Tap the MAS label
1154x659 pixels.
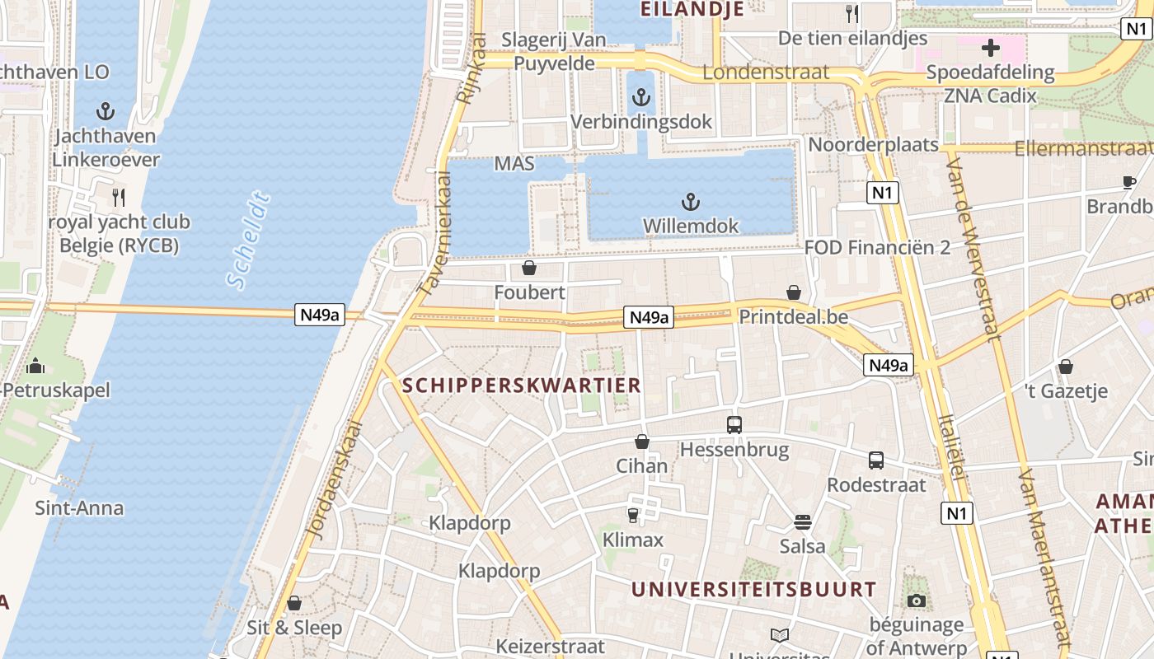514,164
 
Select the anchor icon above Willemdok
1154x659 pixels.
691,201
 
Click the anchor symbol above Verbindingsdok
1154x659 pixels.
640,99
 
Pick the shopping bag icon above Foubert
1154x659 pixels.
529,269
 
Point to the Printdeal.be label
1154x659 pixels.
793,317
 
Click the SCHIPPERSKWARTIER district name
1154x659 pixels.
521,385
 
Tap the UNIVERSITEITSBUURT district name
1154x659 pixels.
753,589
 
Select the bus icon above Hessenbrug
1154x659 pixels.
734,425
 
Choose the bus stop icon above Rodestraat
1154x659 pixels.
875,460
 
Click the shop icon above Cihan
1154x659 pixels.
642,442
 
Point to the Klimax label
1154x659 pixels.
633,540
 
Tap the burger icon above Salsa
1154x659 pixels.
802,521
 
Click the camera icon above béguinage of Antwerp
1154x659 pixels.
916,601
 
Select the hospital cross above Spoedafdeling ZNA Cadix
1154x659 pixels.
990,47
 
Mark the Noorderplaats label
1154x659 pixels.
873,145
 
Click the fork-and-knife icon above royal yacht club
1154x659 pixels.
118,197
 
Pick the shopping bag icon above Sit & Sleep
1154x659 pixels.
294,603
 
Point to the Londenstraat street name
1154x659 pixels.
766,72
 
